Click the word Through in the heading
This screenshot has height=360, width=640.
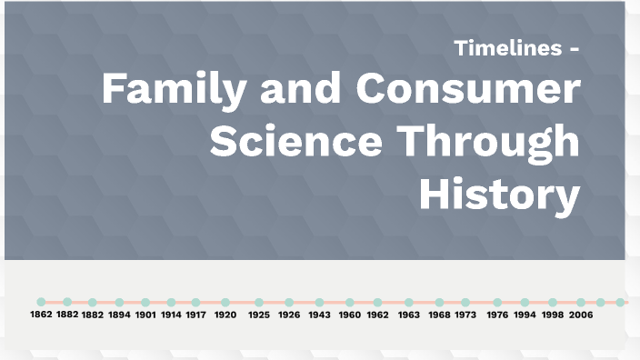(492, 143)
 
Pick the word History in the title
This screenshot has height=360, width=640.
(499, 194)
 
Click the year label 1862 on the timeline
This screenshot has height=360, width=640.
(41, 315)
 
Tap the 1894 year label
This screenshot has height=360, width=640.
(119, 315)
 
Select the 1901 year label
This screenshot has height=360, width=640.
(145, 315)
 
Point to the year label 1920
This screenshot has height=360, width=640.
(225, 315)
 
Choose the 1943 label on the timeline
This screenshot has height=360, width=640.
(319, 315)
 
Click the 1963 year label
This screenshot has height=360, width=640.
(409, 315)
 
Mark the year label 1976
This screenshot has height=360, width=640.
(496, 315)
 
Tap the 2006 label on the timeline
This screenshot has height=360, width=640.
(581, 315)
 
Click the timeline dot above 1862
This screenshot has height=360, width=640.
(41, 302)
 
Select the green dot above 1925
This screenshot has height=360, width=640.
(259, 302)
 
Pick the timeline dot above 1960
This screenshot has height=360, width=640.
(350, 302)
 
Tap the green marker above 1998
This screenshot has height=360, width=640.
(553, 302)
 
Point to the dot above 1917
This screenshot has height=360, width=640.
(196, 302)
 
